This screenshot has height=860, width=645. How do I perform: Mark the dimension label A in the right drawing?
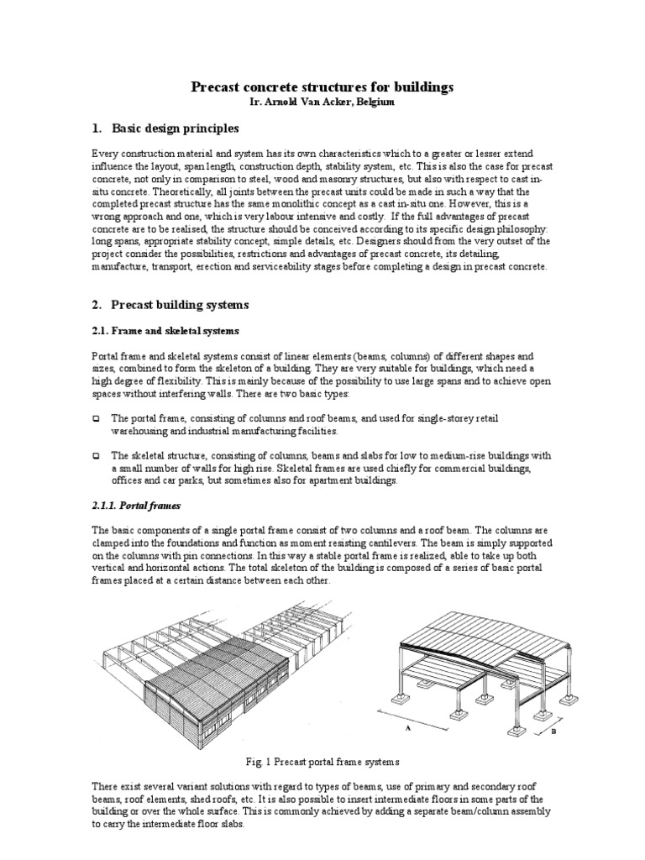point(407,729)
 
